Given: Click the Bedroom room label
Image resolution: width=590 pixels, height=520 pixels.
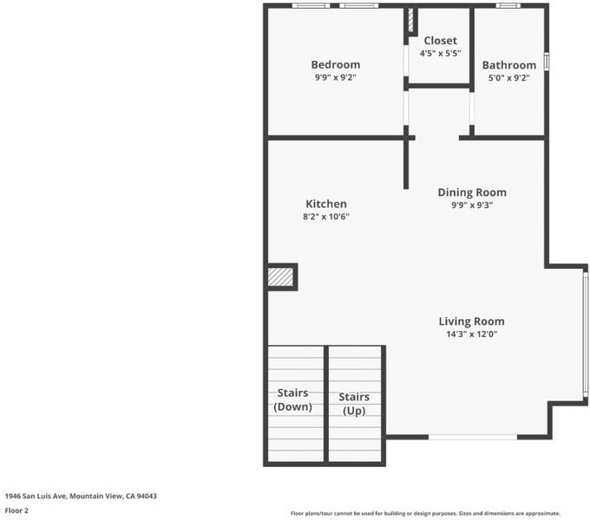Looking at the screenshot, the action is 336,65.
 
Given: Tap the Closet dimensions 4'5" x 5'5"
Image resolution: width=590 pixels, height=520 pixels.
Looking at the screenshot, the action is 440,54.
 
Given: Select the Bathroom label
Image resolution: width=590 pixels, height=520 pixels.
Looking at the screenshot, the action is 509,65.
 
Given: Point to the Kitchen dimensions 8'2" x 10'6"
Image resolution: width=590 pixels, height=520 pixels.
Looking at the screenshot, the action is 326,217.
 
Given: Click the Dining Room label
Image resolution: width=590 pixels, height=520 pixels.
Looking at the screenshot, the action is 472,192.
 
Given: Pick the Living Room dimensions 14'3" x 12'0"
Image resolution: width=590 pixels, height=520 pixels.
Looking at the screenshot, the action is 472,334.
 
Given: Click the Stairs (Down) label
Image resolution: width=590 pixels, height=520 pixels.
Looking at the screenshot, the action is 292,400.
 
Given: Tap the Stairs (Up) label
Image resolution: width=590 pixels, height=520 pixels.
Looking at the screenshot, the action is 354,404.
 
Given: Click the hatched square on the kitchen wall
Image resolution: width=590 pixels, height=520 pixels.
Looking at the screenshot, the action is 280,277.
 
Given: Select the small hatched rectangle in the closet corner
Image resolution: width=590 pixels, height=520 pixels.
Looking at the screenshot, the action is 411,20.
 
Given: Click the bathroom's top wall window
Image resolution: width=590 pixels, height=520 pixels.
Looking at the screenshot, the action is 508,5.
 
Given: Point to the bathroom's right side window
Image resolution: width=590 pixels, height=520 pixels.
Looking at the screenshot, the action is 547,62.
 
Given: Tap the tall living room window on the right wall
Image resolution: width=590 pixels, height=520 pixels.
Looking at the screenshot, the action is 585,335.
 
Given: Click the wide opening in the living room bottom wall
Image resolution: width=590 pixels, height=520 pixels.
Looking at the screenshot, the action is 473,437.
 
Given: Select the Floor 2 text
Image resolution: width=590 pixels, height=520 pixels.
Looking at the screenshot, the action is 16,510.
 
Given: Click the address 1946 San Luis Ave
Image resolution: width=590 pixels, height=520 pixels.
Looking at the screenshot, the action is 36,496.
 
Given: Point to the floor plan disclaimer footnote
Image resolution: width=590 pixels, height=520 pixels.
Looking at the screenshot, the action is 425,513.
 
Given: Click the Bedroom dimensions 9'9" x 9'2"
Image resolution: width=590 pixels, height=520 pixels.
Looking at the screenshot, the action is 336,77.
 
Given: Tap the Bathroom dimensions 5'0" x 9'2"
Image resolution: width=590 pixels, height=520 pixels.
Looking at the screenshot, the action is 509,78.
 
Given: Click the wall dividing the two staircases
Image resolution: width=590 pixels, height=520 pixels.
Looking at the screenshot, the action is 326,404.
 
